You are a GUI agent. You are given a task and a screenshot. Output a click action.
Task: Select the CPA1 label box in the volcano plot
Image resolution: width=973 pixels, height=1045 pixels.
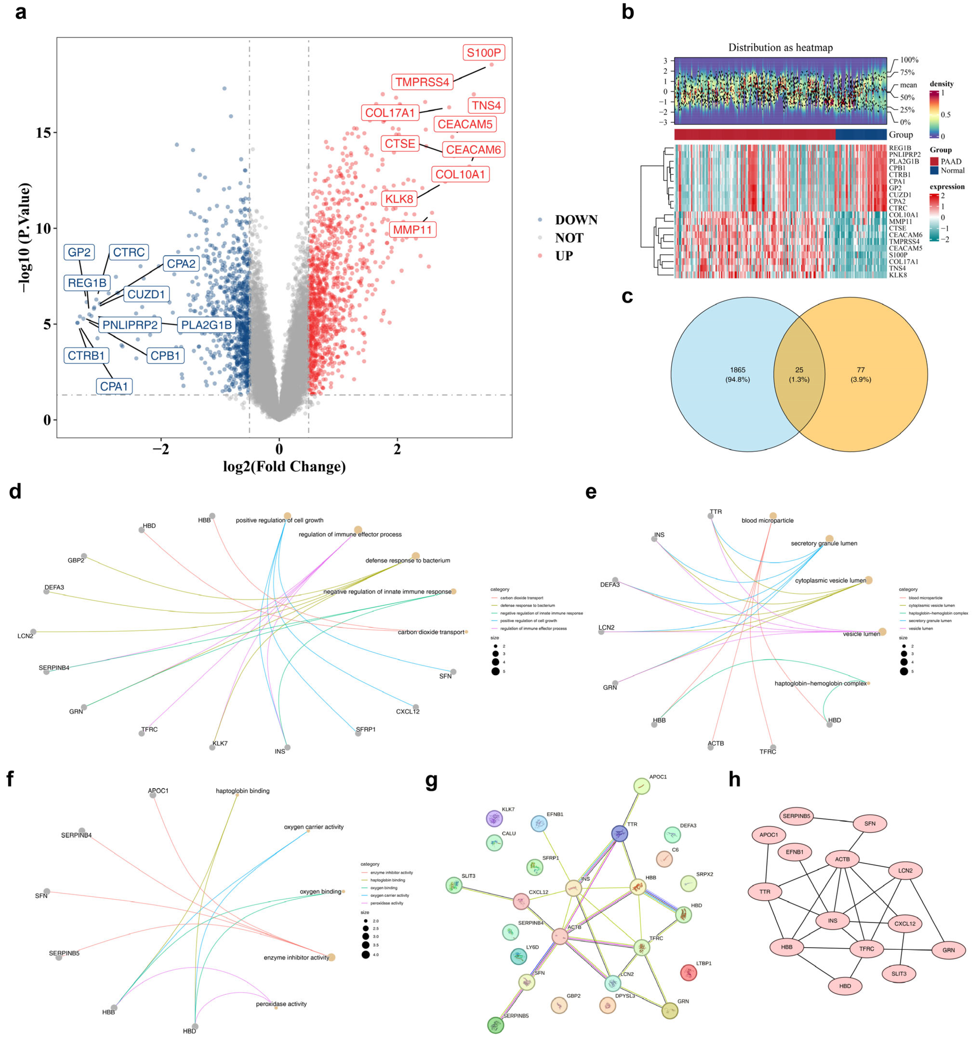114,386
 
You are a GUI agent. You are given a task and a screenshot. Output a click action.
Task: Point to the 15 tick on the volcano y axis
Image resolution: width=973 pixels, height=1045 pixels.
43,132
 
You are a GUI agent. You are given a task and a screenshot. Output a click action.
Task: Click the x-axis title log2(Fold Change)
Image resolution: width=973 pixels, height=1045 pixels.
284,466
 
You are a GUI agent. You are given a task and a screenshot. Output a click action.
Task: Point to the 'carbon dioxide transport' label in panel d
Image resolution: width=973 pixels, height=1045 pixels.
431,632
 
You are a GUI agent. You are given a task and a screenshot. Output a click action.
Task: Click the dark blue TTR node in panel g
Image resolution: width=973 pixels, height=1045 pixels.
619,833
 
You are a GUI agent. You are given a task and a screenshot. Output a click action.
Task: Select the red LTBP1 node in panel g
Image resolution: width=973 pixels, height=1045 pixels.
688,972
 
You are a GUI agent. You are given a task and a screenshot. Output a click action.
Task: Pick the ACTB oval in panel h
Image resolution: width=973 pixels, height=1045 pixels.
842,859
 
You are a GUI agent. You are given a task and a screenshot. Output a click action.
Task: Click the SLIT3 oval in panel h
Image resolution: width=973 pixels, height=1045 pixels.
899,973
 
